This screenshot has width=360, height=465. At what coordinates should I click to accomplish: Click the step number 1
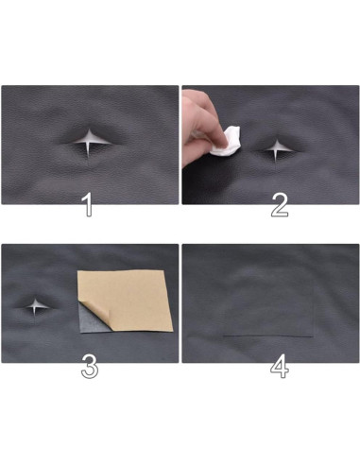coord(89,205)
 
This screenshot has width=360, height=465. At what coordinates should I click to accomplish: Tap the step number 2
coord(280,205)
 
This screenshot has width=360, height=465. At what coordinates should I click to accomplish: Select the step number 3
coord(90,366)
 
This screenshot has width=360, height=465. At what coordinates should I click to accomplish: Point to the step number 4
coord(280,366)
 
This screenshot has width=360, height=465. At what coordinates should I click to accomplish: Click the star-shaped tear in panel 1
coord(91,142)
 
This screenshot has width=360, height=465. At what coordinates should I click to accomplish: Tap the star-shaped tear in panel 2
coord(277,150)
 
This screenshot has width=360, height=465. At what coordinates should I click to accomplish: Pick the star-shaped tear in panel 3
coord(35,306)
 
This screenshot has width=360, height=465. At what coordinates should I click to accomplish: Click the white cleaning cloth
coord(226,141)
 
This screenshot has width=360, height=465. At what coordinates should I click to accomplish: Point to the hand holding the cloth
coord(200,127)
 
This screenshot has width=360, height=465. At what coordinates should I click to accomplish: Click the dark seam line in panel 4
coord(267,336)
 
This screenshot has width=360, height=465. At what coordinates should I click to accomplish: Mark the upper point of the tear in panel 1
coord(90,129)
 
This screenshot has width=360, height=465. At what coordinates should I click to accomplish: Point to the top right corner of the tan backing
coord(163,270)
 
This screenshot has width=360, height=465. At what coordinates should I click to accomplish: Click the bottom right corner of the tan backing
coord(173,331)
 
